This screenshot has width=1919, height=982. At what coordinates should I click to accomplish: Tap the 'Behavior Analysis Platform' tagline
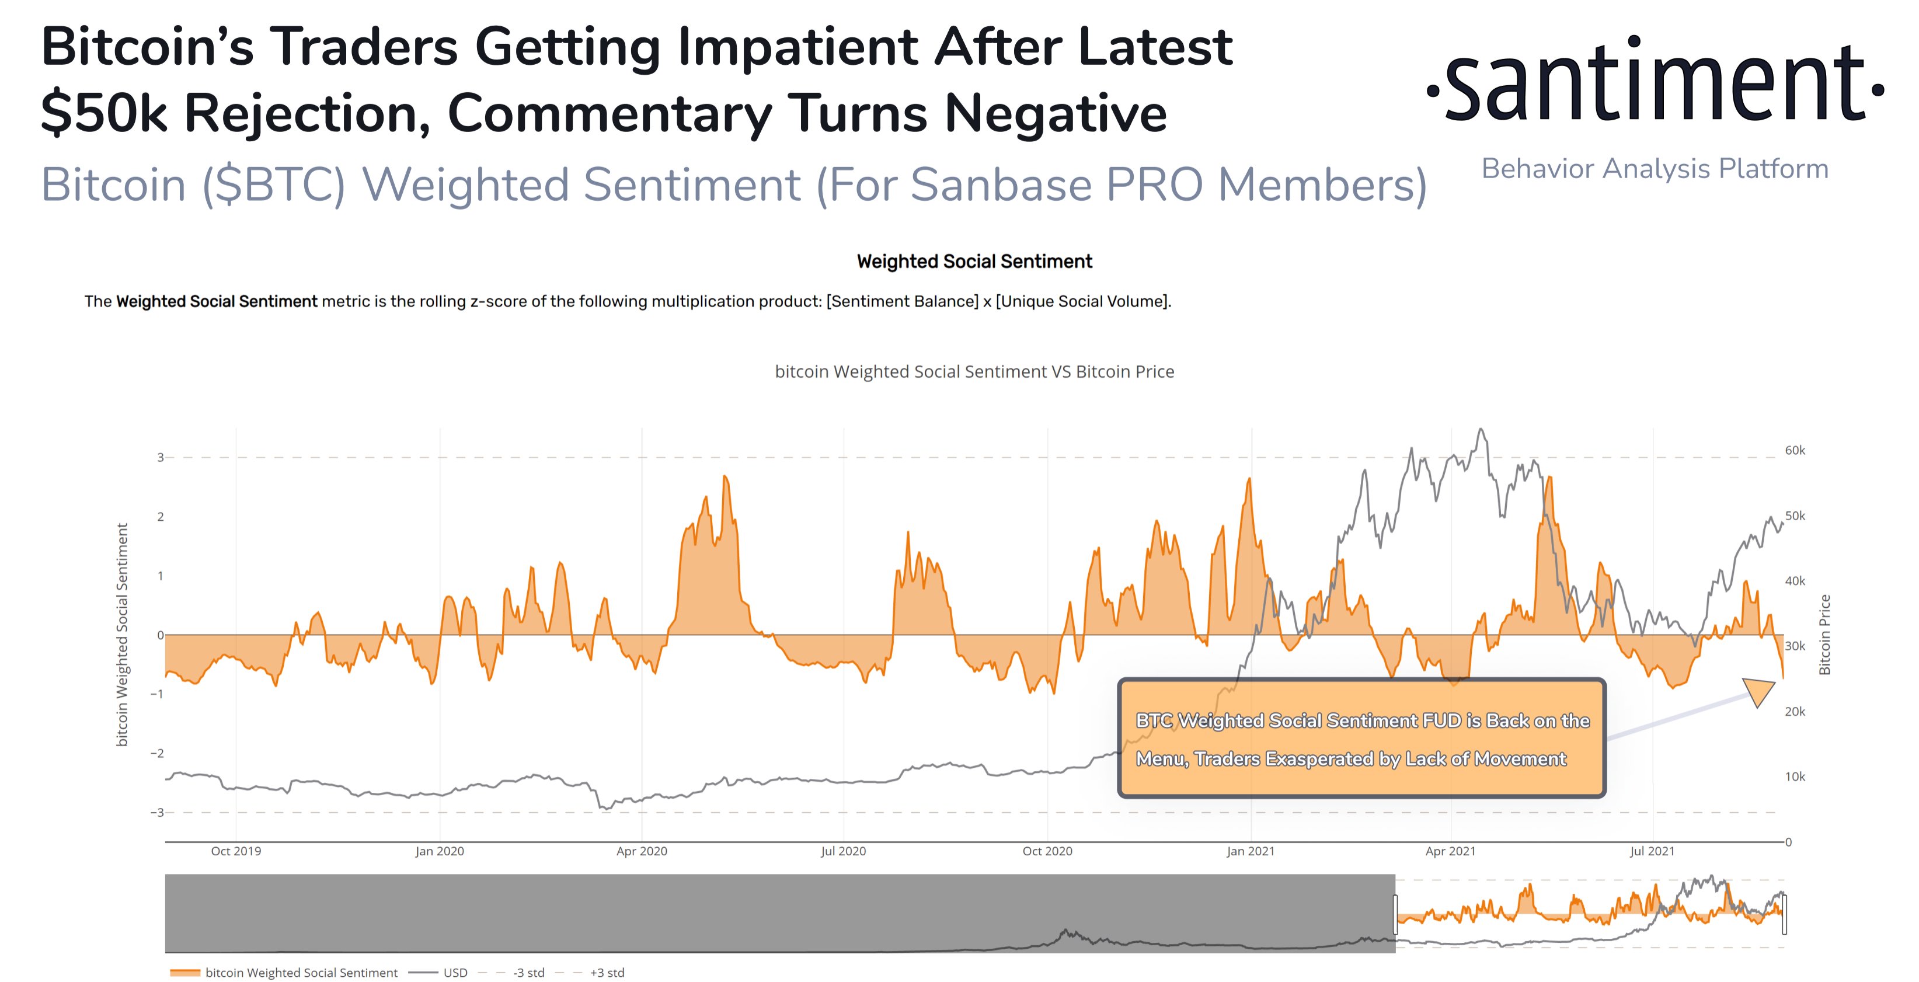click(x=1655, y=169)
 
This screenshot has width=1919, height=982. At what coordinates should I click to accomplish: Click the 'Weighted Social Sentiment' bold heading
click(x=974, y=262)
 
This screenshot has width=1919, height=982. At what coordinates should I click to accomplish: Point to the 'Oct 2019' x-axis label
click(x=235, y=851)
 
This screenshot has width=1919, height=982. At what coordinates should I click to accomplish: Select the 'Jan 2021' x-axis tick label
click(x=1250, y=851)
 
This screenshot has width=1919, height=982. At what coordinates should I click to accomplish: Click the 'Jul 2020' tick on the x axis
click(x=842, y=851)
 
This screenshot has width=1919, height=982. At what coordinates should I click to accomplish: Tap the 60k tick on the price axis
click(x=1795, y=450)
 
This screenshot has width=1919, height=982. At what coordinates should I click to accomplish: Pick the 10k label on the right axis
click(x=1795, y=776)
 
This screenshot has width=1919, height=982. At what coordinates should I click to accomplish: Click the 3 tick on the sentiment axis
click(x=159, y=458)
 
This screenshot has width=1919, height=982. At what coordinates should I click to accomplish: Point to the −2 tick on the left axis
click(x=156, y=753)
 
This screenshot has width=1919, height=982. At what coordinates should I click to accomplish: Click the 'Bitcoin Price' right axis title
click(x=1824, y=635)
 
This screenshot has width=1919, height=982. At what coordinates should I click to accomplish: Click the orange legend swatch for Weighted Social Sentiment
click(x=184, y=972)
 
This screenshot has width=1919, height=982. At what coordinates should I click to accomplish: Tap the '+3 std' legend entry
click(x=607, y=972)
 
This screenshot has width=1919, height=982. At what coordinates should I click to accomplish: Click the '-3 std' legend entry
click(x=528, y=972)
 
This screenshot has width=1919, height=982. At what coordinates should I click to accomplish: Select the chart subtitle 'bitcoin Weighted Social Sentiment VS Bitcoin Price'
click(x=974, y=372)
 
